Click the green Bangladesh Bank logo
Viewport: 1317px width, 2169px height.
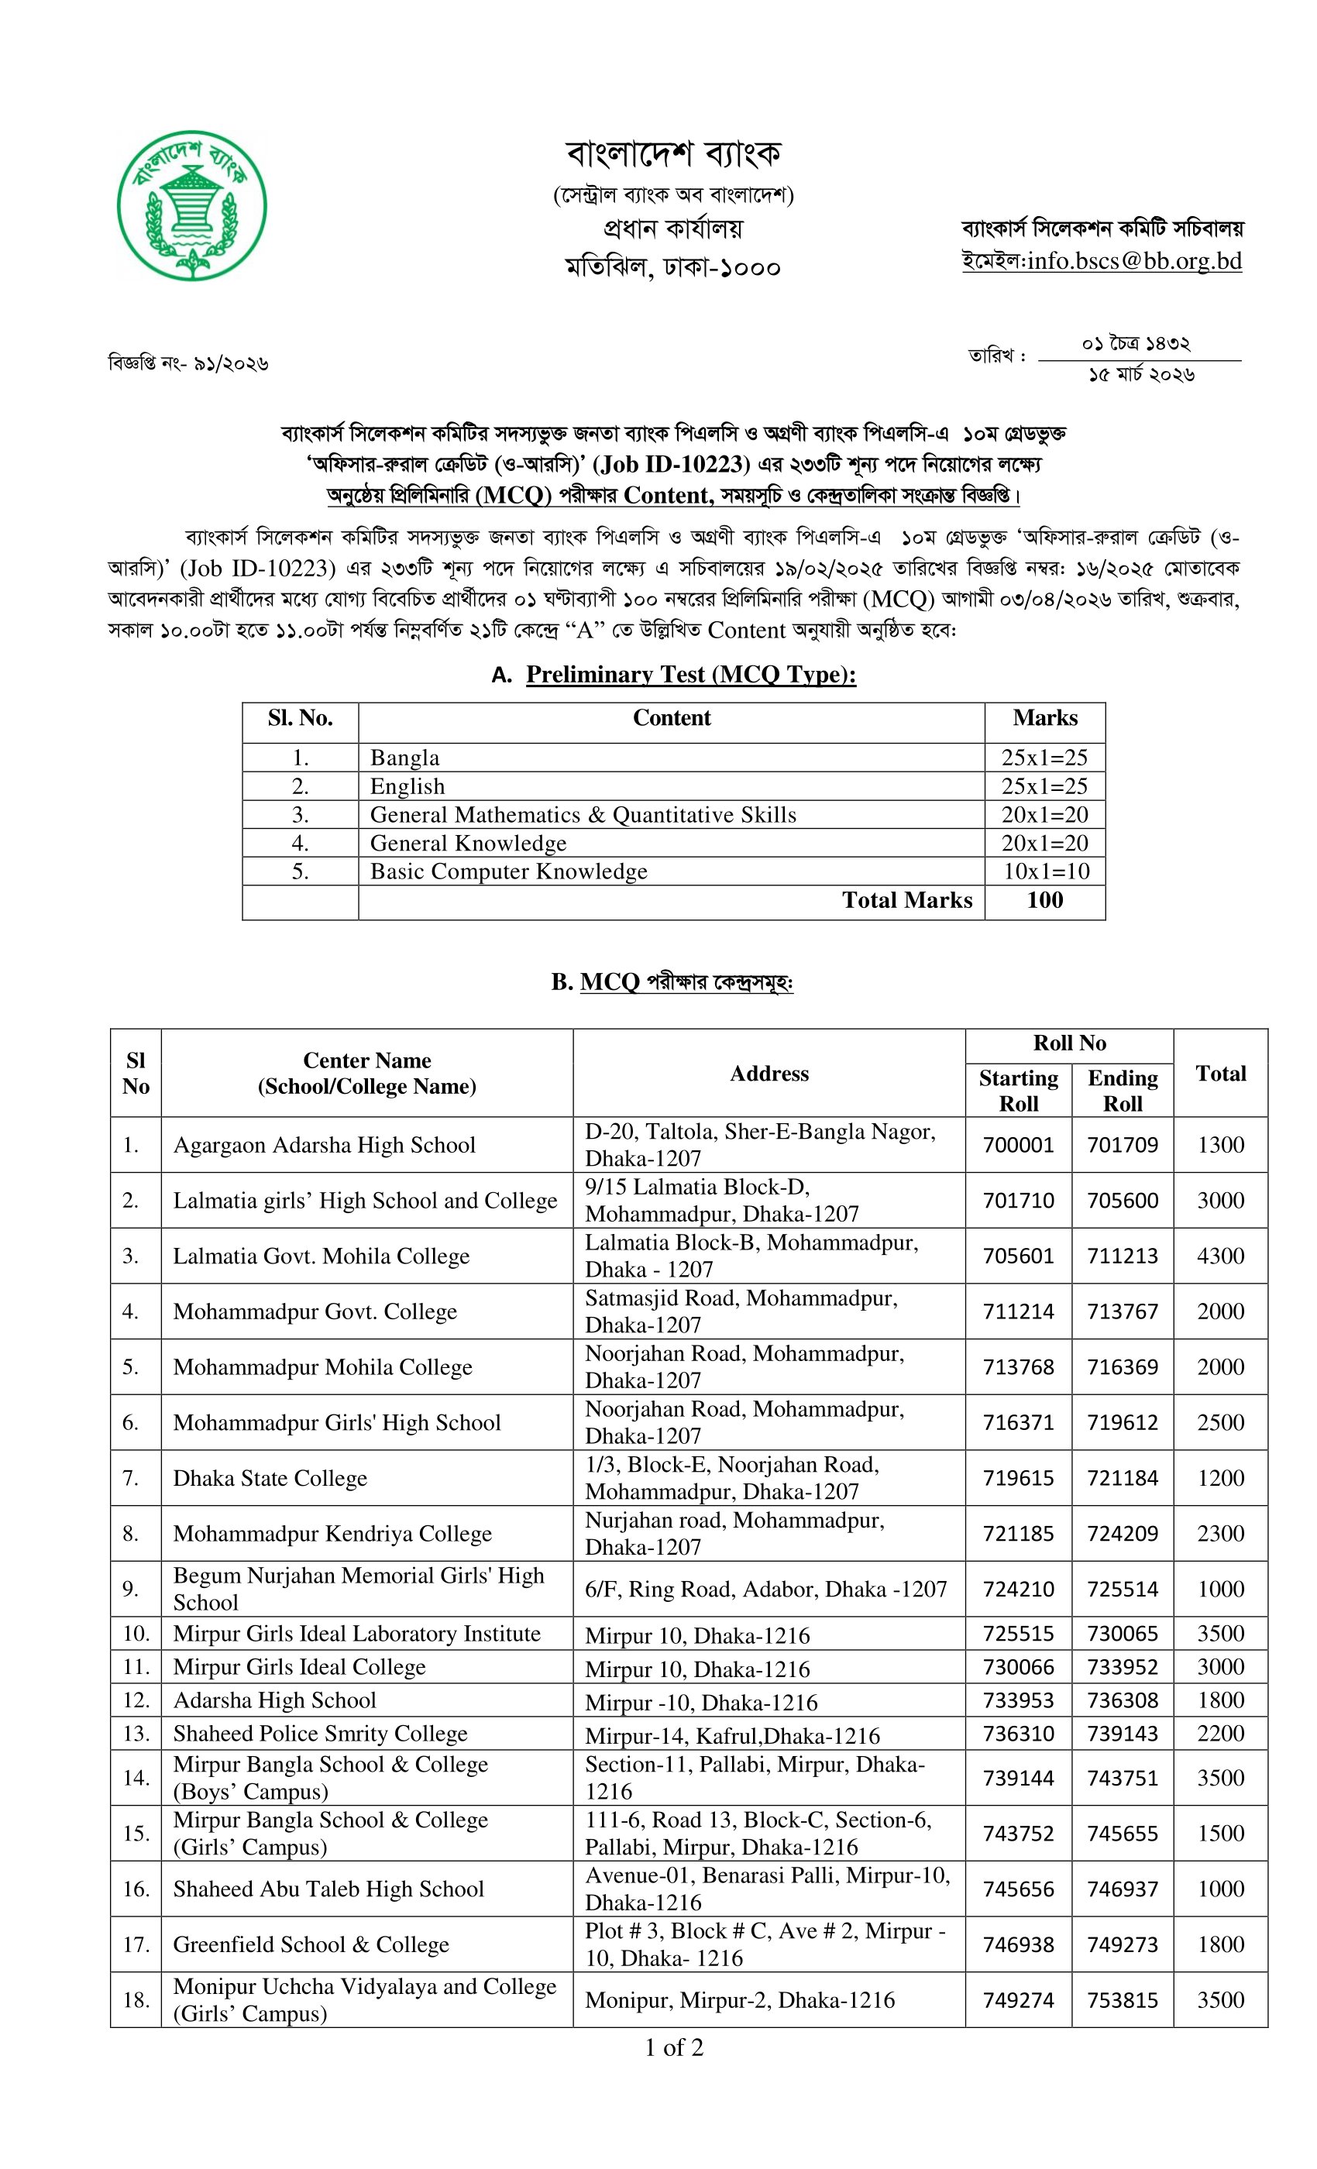click(x=192, y=206)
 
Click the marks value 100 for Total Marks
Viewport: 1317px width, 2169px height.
click(x=1044, y=899)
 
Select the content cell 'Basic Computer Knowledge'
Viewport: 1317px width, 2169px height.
click(x=508, y=871)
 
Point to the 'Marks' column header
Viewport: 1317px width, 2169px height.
click(x=1044, y=718)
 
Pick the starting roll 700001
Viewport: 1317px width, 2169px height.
click(x=1018, y=1144)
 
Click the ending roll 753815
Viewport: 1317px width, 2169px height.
click(x=1122, y=2000)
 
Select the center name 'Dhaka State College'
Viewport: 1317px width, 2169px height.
click(x=270, y=1478)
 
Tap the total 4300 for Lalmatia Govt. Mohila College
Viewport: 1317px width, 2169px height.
click(x=1219, y=1255)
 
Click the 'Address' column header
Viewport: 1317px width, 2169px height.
click(x=769, y=1073)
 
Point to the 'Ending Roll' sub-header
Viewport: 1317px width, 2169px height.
click(x=1122, y=1091)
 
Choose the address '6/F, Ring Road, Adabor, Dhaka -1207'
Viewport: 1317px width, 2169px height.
click(x=765, y=1589)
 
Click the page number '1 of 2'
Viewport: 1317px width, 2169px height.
click(x=673, y=2047)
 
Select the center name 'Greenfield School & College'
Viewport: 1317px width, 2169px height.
click(x=311, y=1944)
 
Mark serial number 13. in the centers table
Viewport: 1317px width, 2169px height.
click(x=136, y=1734)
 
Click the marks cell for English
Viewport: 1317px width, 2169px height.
click(x=1044, y=786)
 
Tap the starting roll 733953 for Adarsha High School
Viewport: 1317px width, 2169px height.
click(x=1018, y=1700)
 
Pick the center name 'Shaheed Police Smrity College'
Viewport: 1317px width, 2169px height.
click(x=319, y=1734)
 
